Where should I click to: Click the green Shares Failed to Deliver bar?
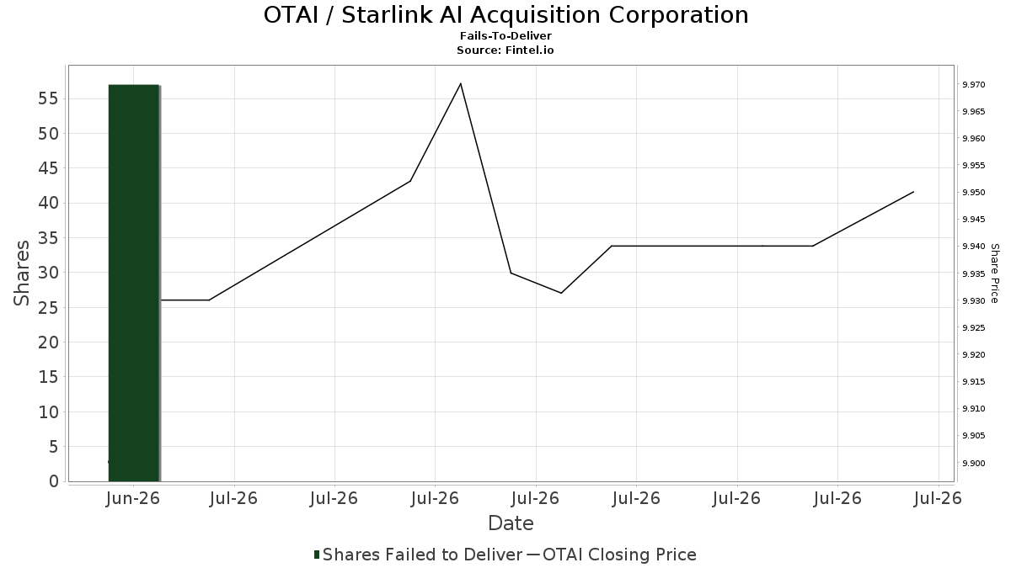pyautogui.click(x=134, y=283)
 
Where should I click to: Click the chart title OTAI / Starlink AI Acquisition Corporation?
pyautogui.click(x=506, y=15)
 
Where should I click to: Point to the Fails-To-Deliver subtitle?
pyautogui.click(x=505, y=35)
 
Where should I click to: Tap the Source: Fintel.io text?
pyautogui.click(x=505, y=50)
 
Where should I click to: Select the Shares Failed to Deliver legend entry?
pyautogui.click(x=418, y=555)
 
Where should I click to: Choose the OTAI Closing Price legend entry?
pyautogui.click(x=612, y=555)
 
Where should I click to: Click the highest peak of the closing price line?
pyautogui.click(x=460, y=83)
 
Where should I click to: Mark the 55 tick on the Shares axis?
pyautogui.click(x=48, y=98)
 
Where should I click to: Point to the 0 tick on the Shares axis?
pyautogui.click(x=54, y=481)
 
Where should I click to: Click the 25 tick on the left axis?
pyautogui.click(x=48, y=307)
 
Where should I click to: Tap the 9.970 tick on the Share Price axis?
pyautogui.click(x=974, y=85)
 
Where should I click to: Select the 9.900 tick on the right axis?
pyautogui.click(x=974, y=463)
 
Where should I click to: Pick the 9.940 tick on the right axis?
pyautogui.click(x=974, y=246)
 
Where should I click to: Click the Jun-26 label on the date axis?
pyautogui.click(x=133, y=498)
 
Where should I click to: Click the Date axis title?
pyautogui.click(x=511, y=523)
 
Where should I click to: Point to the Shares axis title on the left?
pyautogui.click(x=21, y=273)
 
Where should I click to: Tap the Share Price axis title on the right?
pyautogui.click(x=994, y=273)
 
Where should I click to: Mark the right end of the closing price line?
pyautogui.click(x=913, y=192)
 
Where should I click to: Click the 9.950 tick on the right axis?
pyautogui.click(x=974, y=193)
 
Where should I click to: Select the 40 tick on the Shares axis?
pyautogui.click(x=48, y=203)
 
